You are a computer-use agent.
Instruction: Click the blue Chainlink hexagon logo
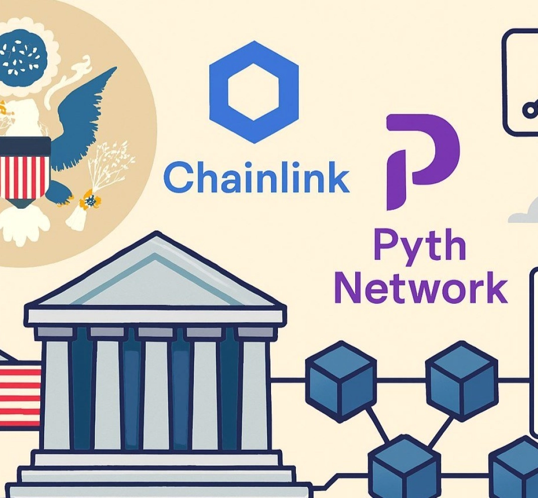click(254, 93)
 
